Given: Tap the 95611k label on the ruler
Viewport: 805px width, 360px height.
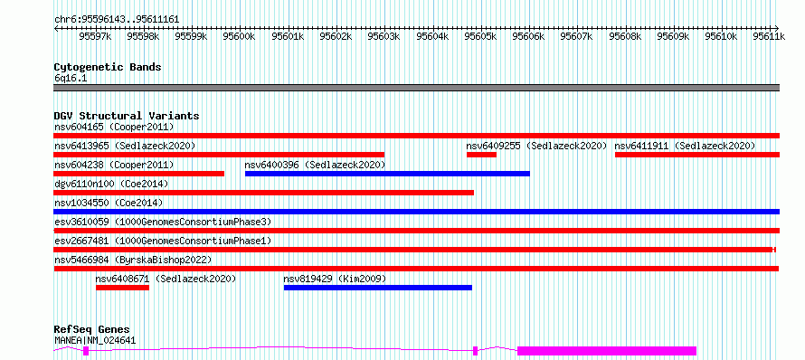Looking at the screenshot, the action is tap(769, 36).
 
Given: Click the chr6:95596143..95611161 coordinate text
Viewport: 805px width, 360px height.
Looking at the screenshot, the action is tap(117, 20).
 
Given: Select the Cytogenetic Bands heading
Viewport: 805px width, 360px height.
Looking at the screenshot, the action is tap(108, 67).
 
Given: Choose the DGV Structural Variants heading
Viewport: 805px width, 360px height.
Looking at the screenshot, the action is tap(127, 116).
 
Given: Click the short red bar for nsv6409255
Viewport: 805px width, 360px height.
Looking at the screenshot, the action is tap(481, 155).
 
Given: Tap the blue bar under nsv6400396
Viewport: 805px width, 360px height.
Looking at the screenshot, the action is tap(388, 174).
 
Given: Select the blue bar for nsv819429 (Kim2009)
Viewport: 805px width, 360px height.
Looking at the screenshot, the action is tap(378, 288).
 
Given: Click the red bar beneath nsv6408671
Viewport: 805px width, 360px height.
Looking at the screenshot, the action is tap(123, 288).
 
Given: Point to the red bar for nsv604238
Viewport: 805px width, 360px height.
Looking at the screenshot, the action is tap(139, 174).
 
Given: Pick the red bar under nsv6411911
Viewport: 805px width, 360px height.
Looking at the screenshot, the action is tap(697, 155).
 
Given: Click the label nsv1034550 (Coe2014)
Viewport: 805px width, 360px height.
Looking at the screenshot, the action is tap(109, 203).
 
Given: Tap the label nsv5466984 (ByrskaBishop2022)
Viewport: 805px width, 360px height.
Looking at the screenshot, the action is tap(133, 260).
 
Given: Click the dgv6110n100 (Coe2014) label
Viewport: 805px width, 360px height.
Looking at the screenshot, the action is tap(111, 184).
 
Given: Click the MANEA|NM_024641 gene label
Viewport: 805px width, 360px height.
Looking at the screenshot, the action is tap(96, 340).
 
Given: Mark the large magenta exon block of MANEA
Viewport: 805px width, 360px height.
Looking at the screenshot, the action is tap(607, 351).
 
